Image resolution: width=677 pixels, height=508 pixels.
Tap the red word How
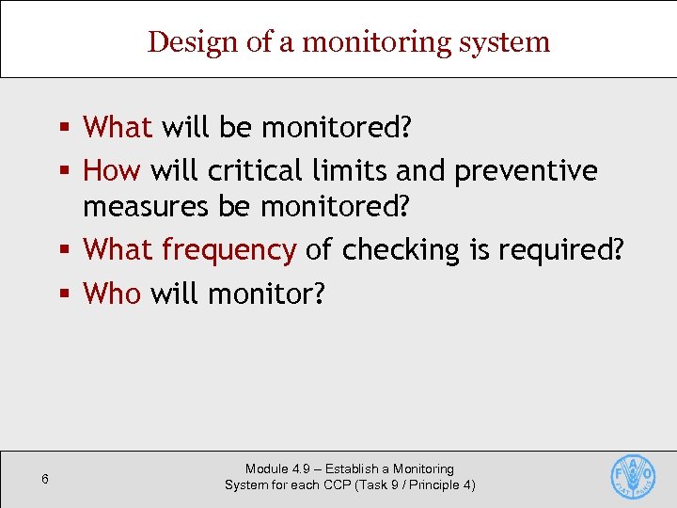pos(112,171)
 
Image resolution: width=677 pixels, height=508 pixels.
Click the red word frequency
pos(229,250)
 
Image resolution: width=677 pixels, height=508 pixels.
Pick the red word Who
pos(112,294)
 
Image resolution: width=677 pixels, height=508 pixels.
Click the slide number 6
pos(44,480)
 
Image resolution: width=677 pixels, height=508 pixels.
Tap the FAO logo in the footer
pos(633,476)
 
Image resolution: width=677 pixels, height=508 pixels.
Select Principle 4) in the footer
pos(442,484)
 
